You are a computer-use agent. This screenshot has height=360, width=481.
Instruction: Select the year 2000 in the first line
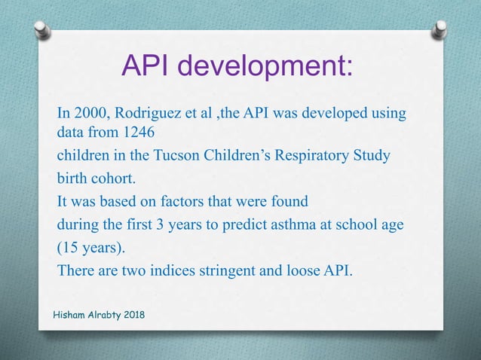tap(90, 113)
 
